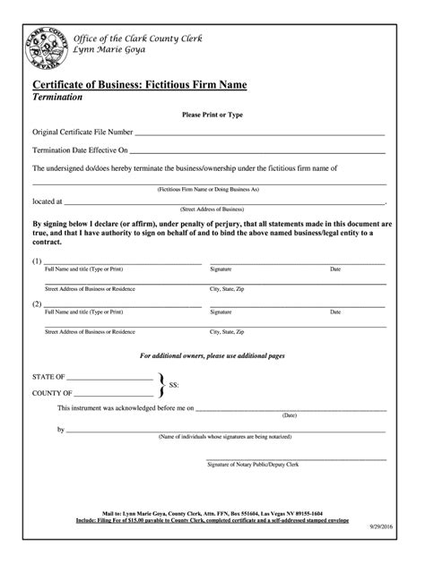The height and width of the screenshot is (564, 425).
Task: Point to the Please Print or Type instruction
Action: click(212, 115)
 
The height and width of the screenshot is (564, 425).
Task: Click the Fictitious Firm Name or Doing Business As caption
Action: click(208, 190)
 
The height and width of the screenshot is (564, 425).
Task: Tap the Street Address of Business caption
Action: click(208, 209)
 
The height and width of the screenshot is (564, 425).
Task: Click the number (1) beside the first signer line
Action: click(37, 261)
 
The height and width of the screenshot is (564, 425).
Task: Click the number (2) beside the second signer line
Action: click(37, 304)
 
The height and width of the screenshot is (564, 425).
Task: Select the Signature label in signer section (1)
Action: click(221, 269)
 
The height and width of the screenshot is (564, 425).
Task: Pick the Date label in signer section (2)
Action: click(335, 312)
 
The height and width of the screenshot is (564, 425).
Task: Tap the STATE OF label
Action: click(48, 378)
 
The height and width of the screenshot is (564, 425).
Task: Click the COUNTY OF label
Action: click(52, 393)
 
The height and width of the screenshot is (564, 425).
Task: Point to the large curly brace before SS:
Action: click(160, 385)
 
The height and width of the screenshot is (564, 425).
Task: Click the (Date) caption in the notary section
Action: click(289, 415)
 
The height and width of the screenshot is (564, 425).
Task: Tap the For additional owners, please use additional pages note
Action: click(212, 355)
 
